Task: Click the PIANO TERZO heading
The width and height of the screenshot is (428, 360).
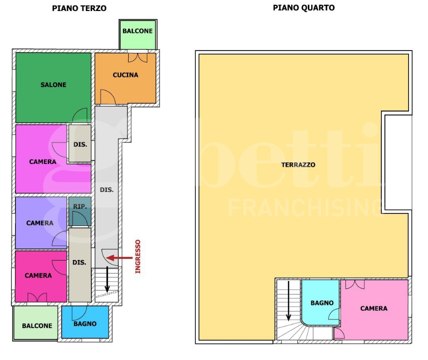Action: pyautogui.click(x=79, y=8)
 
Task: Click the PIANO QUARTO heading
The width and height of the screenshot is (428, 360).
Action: pyautogui.click(x=304, y=8)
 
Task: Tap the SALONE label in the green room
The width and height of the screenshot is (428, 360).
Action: pyautogui.click(x=54, y=85)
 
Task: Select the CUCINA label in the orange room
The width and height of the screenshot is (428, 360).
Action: pyautogui.click(x=126, y=75)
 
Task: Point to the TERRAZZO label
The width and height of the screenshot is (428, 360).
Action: pyautogui.click(x=298, y=164)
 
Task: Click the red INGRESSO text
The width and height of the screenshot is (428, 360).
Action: pyautogui.click(x=138, y=256)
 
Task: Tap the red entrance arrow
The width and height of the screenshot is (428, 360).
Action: pyautogui.click(x=119, y=257)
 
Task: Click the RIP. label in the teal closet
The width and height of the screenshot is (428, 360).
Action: pyautogui.click(x=80, y=206)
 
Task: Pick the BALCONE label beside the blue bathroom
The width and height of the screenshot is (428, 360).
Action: pyautogui.click(x=37, y=325)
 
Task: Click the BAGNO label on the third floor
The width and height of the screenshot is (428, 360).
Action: pyautogui.click(x=85, y=323)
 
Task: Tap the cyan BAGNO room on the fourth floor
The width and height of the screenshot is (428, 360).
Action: pyautogui.click(x=321, y=302)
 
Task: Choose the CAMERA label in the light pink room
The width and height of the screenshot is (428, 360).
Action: pyautogui.click(x=374, y=308)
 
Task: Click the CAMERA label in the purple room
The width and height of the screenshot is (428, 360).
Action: pyautogui.click(x=40, y=223)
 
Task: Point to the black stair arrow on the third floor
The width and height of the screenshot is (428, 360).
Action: pyautogui.click(x=107, y=279)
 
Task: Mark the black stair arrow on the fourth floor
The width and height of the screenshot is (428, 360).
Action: pyautogui.click(x=288, y=301)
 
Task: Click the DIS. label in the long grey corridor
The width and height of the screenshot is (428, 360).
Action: pyautogui.click(x=107, y=190)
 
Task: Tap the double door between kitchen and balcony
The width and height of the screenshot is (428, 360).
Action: pyautogui.click(x=138, y=57)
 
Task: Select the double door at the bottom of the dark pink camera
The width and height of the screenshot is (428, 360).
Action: pyautogui.click(x=37, y=297)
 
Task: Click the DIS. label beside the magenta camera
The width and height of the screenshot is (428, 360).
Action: pyautogui.click(x=80, y=144)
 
